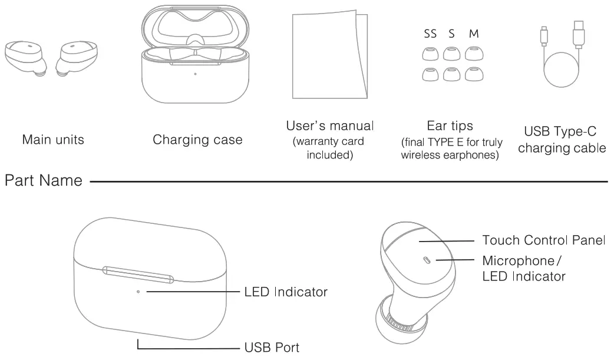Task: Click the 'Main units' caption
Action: [x=53, y=140]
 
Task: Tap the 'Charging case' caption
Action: [x=197, y=140]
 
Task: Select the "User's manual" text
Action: [x=329, y=125]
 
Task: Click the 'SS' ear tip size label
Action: [x=430, y=34]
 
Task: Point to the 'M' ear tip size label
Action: [x=474, y=34]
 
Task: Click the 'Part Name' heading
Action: [x=43, y=180]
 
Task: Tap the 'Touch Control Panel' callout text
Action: [x=543, y=240]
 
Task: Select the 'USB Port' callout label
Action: [x=272, y=348]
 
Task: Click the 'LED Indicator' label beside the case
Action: [x=286, y=292]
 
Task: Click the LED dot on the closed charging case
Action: [x=137, y=291]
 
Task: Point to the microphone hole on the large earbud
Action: [x=427, y=259]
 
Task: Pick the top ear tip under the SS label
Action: [x=430, y=55]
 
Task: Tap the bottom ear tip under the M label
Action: [x=474, y=74]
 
